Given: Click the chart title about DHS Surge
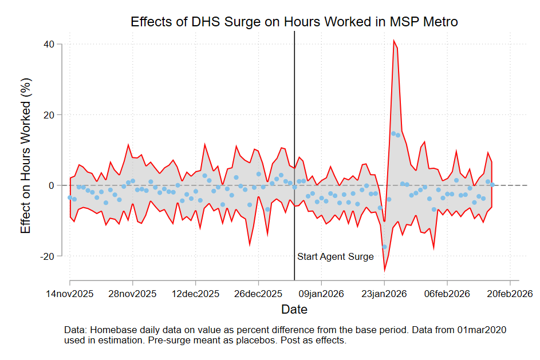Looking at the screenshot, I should coord(294,22).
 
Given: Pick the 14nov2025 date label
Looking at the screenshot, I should coord(70,294).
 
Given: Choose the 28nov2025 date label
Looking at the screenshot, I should coord(133,294).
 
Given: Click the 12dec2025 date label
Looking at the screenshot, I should coord(196,294).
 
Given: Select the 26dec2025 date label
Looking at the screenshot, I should coord(259,294).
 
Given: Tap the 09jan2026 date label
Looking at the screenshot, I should coord(321,294).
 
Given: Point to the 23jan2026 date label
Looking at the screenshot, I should coord(384,294).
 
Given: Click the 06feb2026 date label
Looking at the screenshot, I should coord(447,294).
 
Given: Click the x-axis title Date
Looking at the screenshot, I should coord(294,310).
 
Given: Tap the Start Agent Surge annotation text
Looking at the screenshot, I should coord(336,257).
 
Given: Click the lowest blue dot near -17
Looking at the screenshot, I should coord(384,247).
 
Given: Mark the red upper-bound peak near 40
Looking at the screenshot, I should coord(393,41).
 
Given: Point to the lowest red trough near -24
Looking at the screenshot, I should coord(384,270).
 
